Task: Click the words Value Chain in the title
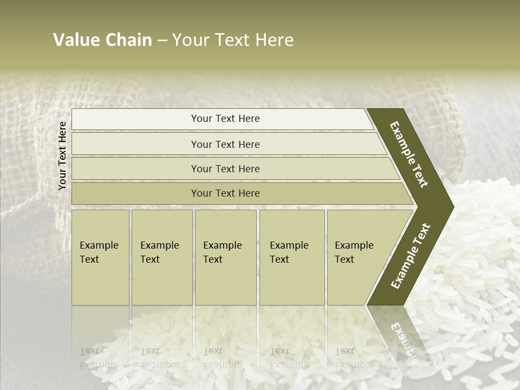pos(102,40)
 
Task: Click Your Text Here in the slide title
pos(233,40)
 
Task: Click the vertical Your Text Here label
pos(62,155)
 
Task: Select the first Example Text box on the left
pos(100,257)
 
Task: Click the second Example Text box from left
pos(161,257)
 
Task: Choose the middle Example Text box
pos(225,257)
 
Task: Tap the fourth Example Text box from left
pos(291,257)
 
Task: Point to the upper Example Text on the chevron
pos(409,154)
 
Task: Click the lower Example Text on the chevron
pos(411,256)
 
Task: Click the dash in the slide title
pos(162,41)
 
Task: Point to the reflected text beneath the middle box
pos(222,358)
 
